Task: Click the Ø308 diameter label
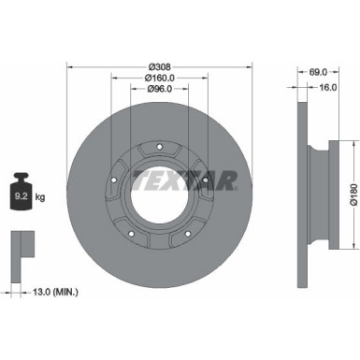(159, 66)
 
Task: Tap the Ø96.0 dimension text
(159, 91)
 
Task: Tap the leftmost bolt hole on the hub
(113, 181)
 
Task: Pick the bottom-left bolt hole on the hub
(132, 235)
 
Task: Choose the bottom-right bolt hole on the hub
(188, 235)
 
